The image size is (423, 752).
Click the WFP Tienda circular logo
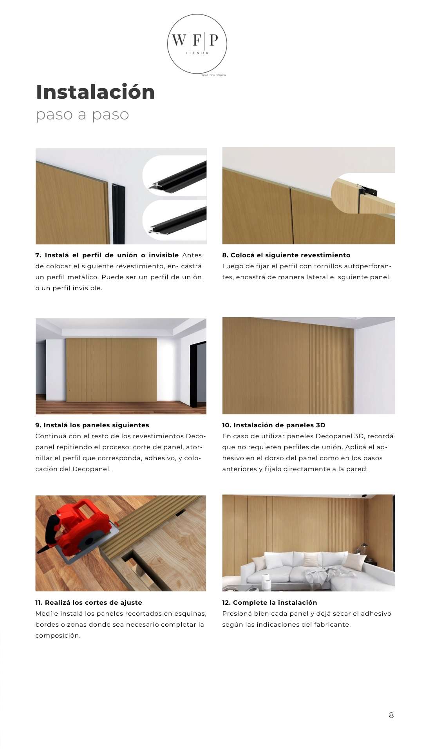(197, 44)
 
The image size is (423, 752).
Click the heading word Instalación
(95, 92)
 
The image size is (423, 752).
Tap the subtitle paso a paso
(82, 115)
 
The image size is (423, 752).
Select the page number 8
(391, 715)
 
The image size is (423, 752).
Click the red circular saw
(78, 529)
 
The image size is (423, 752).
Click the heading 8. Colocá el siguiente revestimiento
(286, 255)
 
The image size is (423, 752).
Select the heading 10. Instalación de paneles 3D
(273, 425)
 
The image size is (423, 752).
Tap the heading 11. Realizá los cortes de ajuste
(89, 602)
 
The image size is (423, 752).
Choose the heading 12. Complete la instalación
(269, 602)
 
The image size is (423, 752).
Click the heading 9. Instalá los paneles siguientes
(92, 425)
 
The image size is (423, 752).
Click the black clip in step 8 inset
(368, 192)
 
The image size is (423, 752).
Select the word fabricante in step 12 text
(332, 624)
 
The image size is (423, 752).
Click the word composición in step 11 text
(58, 635)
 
